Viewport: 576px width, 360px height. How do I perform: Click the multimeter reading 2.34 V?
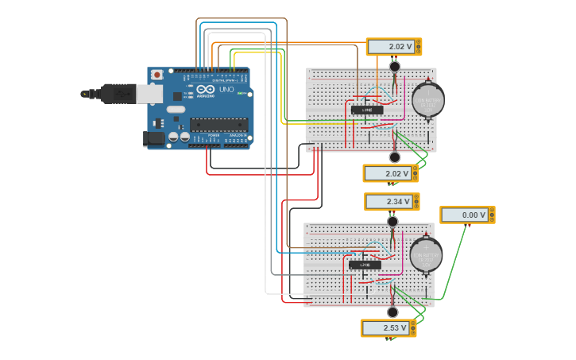coord(391,202)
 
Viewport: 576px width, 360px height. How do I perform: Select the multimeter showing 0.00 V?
coord(467,215)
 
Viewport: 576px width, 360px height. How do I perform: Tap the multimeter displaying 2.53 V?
coord(388,327)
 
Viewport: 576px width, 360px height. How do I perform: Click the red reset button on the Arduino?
coord(157,75)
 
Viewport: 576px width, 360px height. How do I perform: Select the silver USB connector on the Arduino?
coord(149,94)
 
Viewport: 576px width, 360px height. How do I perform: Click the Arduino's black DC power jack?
coord(154,138)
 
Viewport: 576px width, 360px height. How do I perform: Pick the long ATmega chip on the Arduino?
coord(218,124)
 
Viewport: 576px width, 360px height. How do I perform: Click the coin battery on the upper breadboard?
coord(427,100)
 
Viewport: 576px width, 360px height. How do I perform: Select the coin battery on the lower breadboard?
coord(426,255)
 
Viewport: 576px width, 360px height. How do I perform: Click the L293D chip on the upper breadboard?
coord(366,110)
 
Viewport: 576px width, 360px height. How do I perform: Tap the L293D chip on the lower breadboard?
coord(365,265)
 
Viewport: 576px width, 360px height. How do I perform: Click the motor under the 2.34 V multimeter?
coord(392,221)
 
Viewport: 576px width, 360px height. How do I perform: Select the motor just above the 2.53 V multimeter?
coord(392,312)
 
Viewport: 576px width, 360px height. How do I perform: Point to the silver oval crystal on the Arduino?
coord(176,109)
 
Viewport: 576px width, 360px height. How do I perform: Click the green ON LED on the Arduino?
coord(239,94)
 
